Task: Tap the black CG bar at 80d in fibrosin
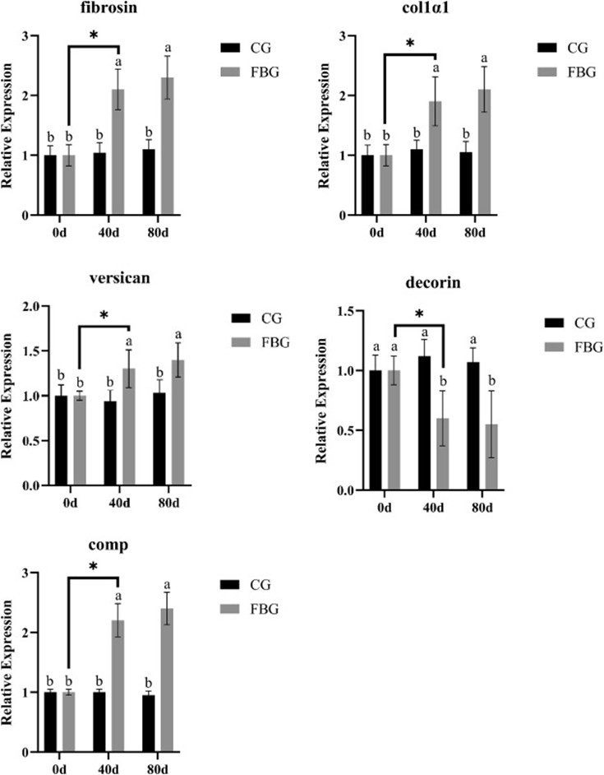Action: (150, 182)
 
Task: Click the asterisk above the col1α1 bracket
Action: (409, 43)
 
